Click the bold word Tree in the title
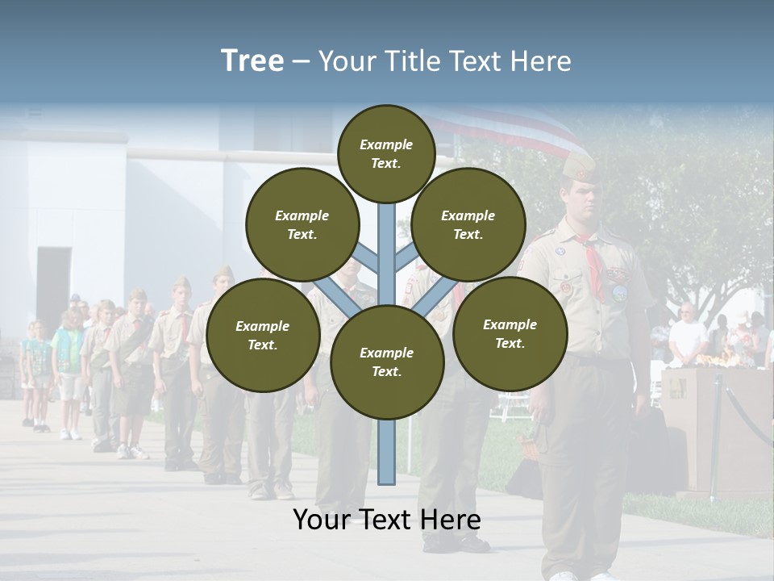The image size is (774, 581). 252,61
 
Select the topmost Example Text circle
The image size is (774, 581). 386,153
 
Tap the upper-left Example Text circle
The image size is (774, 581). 302,225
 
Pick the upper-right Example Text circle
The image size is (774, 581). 468,225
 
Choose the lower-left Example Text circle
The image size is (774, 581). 263,336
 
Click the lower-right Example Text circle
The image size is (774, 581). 510,334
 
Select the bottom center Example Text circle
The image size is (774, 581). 386,362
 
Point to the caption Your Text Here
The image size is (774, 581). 386,520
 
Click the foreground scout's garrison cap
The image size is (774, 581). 578,166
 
